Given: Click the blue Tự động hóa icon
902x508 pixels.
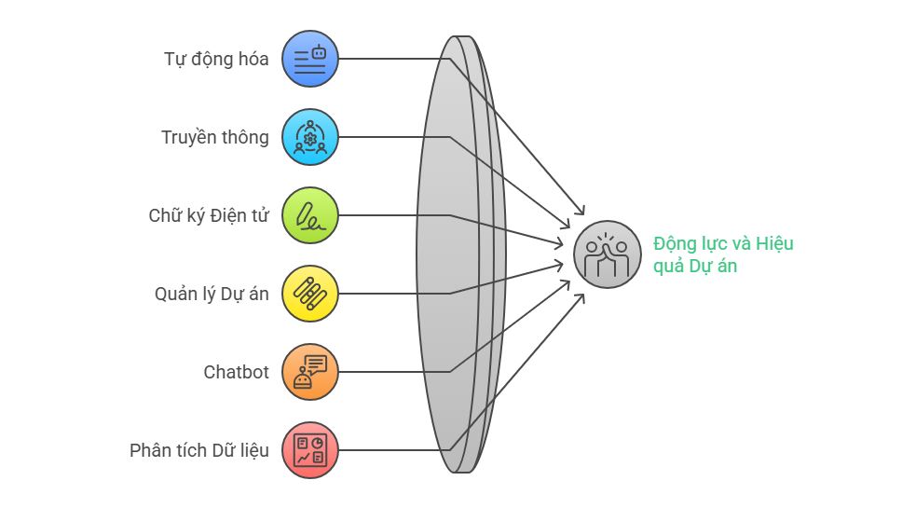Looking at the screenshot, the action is coord(310,59).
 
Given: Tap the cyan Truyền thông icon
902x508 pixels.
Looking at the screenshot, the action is coord(310,137).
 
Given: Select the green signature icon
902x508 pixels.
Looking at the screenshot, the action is coord(310,215).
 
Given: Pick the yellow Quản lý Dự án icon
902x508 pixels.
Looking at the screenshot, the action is coord(310,294).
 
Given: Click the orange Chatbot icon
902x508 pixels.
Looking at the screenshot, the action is coord(310,372).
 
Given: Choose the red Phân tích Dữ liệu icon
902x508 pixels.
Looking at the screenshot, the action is coord(310,450).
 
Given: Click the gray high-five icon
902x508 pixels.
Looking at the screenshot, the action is coord(607,254).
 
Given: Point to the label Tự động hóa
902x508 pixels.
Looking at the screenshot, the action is coord(216,60).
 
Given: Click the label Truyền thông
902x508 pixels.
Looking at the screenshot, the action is coord(215,138).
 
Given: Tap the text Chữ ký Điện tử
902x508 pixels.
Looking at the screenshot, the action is coord(209,215).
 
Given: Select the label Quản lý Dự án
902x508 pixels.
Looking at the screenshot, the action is coord(212,294).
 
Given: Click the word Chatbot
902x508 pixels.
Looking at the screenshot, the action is coord(237,372).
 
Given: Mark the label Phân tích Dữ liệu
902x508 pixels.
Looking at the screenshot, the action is coord(199,450).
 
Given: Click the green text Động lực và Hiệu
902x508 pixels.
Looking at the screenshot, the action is coord(723,243).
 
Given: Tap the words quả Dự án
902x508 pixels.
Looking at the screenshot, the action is coord(695,267).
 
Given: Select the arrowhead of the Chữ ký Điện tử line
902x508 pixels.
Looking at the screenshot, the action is coord(560,244).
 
